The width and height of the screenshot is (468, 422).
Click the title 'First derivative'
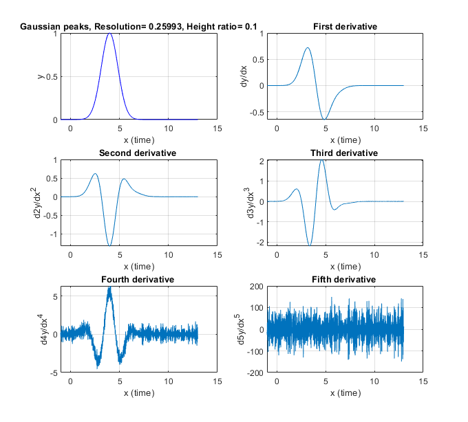coord(345,27)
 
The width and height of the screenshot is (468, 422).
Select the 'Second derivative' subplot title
coord(138,153)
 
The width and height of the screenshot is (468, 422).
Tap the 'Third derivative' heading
coord(345,153)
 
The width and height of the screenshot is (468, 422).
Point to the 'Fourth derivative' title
coord(138,280)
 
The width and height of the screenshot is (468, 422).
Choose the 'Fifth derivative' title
coord(344,280)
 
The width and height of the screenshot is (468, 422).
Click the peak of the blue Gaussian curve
coord(109,34)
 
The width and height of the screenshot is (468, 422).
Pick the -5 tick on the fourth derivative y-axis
coord(52,373)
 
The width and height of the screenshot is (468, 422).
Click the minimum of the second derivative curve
coord(109,245)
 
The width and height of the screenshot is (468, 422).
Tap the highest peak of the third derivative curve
coord(322,160)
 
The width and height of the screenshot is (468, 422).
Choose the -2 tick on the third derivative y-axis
coord(259,243)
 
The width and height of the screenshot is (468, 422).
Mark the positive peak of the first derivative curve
coord(308,48)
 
